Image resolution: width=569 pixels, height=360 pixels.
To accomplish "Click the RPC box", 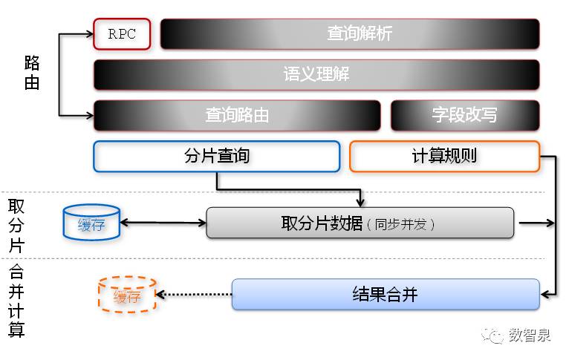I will (x=122, y=34).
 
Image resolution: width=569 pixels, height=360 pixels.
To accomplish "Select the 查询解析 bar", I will (x=350, y=34).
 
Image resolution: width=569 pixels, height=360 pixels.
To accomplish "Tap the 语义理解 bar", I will (x=316, y=74).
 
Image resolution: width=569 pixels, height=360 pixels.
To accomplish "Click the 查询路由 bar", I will (x=237, y=115).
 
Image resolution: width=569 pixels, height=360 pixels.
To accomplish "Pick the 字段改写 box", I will (x=464, y=115).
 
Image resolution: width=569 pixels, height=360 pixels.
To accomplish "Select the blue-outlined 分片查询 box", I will (x=216, y=156).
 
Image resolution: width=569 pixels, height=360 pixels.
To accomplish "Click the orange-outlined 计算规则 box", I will (x=443, y=156).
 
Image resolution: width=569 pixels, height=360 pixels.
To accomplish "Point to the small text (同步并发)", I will (x=400, y=224).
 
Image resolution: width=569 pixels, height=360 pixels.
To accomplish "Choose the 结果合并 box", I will (x=386, y=295).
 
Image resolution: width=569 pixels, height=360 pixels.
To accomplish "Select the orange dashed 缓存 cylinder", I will (x=126, y=296).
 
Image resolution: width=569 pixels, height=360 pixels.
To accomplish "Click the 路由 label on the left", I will (x=31, y=73).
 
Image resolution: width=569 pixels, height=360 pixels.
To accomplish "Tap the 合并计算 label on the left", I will (x=16, y=301).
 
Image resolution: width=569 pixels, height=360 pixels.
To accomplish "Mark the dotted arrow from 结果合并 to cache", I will (x=193, y=295).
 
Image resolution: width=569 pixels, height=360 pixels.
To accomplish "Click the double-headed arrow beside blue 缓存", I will (x=163, y=223).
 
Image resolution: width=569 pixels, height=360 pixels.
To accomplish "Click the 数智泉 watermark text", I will (x=530, y=336).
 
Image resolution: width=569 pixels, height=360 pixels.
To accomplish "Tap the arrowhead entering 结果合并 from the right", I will (x=544, y=295).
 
